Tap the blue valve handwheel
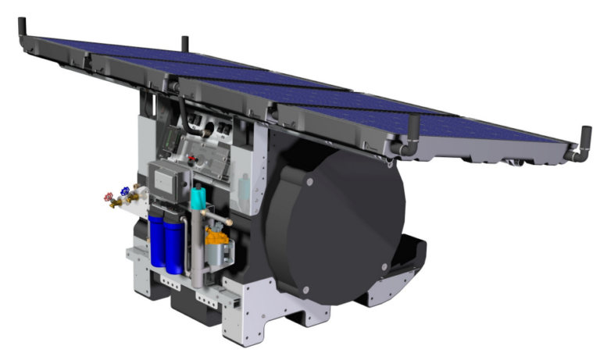pyautogui.click(x=125, y=191)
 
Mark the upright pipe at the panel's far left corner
pyautogui.click(x=22, y=28)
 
